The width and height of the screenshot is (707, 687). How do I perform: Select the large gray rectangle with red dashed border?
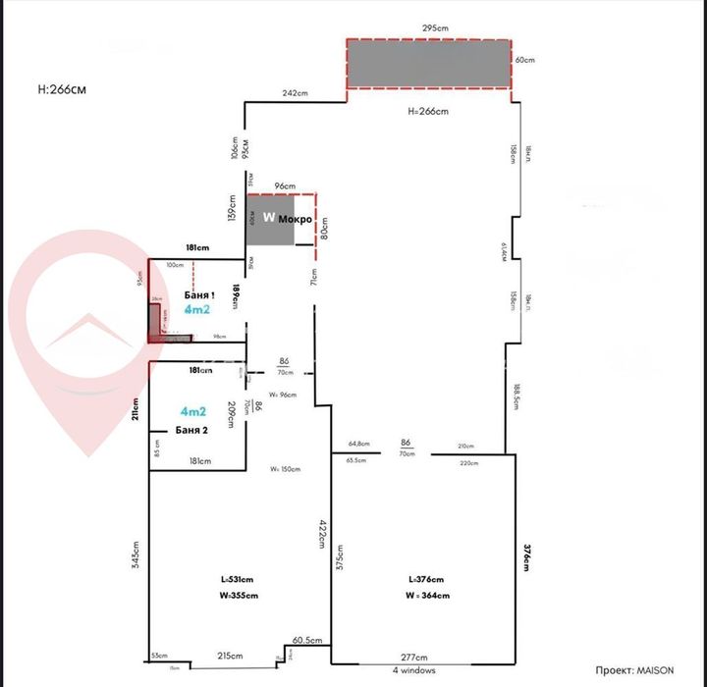click(429, 64)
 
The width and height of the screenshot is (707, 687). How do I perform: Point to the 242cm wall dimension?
click(296, 93)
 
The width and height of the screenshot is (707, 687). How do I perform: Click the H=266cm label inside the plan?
click(427, 111)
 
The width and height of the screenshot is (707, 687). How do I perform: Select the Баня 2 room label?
click(192, 430)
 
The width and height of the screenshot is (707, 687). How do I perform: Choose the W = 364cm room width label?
click(427, 595)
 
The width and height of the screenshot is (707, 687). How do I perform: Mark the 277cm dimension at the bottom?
click(413, 657)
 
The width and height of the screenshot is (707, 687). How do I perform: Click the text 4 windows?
click(413, 670)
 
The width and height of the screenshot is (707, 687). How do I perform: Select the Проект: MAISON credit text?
click(635, 669)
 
